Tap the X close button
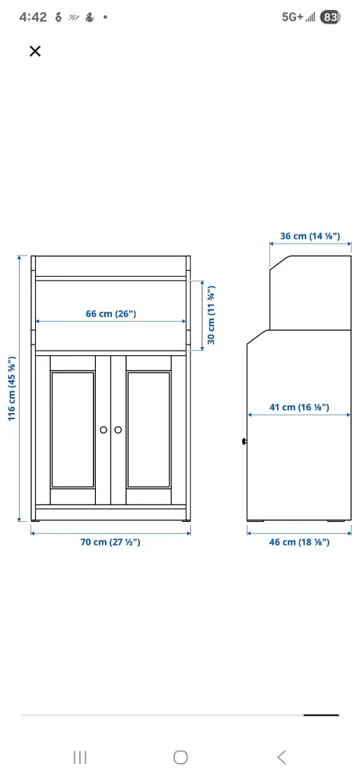[34, 51]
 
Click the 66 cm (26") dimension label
[110, 313]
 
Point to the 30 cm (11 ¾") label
[212, 313]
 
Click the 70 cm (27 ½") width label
[110, 542]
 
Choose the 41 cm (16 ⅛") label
[299, 407]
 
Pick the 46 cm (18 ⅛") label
[299, 542]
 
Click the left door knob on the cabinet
[104, 431]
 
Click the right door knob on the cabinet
[118, 431]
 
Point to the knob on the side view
[244, 441]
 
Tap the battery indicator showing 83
[330, 17]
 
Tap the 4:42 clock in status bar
[33, 17]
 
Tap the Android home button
[180, 756]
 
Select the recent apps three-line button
[79, 756]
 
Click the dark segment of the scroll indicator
[320, 714]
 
